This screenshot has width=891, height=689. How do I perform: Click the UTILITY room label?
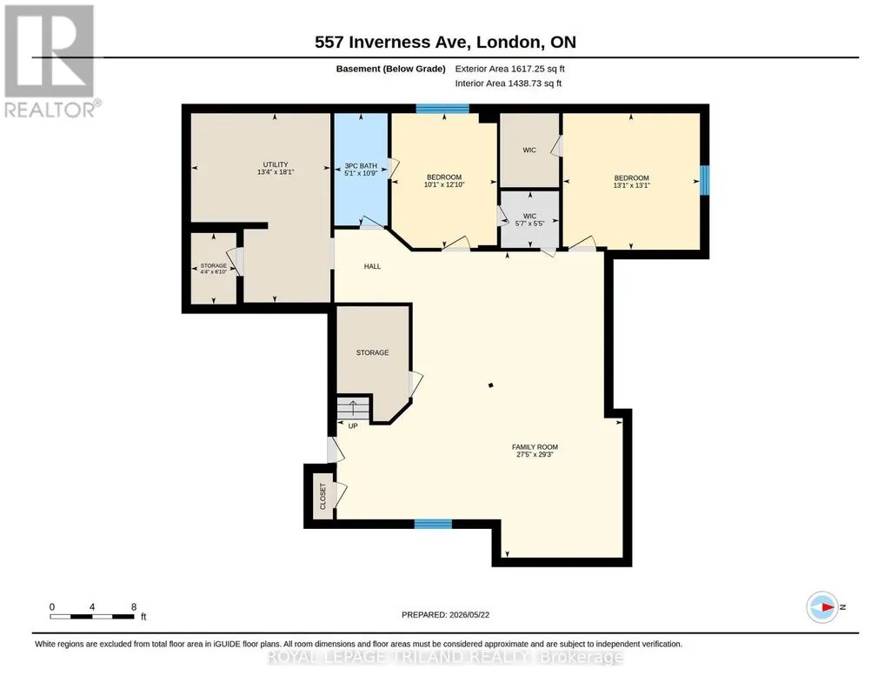click(276, 164)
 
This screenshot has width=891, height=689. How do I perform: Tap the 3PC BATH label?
click(361, 166)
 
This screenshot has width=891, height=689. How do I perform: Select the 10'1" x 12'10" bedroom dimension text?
click(444, 184)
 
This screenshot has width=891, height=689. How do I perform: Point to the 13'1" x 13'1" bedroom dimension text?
click(631, 185)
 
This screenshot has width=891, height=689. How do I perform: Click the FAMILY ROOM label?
click(535, 447)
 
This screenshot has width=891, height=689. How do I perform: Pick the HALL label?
click(372, 266)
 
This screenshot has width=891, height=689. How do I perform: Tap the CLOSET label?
click(323, 496)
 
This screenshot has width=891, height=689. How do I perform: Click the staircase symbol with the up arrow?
click(353, 408)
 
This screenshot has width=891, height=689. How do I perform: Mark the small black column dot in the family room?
click(491, 385)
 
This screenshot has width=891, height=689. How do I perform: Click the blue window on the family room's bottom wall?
click(433, 524)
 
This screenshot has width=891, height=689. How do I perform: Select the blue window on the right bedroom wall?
click(705, 179)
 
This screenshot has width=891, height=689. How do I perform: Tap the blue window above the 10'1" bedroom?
click(442, 109)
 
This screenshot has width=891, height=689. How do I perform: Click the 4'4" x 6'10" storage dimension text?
click(214, 271)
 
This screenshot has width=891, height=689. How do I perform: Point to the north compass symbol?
click(822, 607)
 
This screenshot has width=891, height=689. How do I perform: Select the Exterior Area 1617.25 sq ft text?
click(509, 69)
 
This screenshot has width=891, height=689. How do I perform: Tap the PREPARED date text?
click(445, 614)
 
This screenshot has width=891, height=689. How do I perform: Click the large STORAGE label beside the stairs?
click(373, 352)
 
